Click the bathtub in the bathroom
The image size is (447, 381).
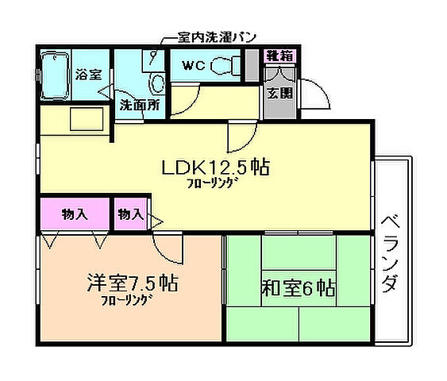[x=53, y=75]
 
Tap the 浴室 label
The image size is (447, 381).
[x=88, y=75]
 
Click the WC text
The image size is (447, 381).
[x=195, y=66]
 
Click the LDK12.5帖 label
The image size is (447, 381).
[x=215, y=167]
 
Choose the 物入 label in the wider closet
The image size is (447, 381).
[x=75, y=214]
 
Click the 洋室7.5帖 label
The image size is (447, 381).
[x=132, y=283]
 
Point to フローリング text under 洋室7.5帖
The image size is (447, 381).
[x=126, y=301]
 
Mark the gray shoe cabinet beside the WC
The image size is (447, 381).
[x=252, y=65]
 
